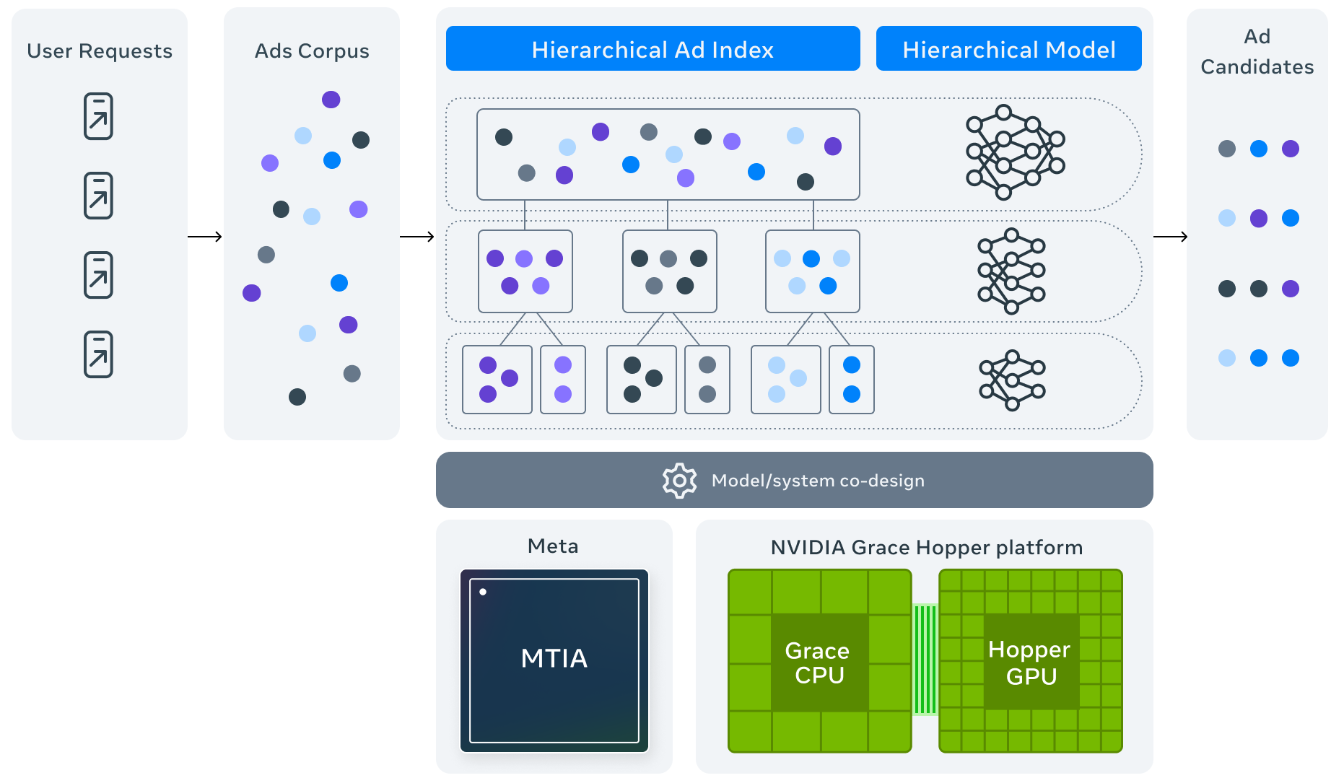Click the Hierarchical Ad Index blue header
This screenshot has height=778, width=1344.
pos(653,49)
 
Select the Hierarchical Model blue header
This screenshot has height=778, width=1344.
pos(1008,49)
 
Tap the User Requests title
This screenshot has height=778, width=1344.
pos(100,51)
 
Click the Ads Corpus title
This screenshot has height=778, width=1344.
pos(312,51)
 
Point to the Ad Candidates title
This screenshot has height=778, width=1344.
pos(1257,52)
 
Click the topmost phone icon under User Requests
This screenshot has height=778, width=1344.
pos(99,116)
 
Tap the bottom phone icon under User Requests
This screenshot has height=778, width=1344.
pos(99,354)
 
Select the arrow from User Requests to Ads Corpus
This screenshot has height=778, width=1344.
pos(205,237)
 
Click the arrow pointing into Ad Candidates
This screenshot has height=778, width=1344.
pos(1170,237)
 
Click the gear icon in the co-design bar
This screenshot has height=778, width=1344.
pos(679,481)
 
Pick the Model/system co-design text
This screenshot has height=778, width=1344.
pos(818,481)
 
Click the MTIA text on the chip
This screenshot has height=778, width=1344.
pos(554,658)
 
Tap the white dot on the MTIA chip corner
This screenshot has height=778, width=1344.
pos(483,592)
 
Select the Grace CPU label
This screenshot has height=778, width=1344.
pos(818,663)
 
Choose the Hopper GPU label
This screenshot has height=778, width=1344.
pos(1030,663)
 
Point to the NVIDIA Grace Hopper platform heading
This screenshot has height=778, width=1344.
pos(926,548)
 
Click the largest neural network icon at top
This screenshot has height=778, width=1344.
pos(1015,152)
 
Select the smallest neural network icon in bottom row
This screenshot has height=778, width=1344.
pos(1012,380)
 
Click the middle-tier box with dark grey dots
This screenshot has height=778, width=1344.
pos(669,271)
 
